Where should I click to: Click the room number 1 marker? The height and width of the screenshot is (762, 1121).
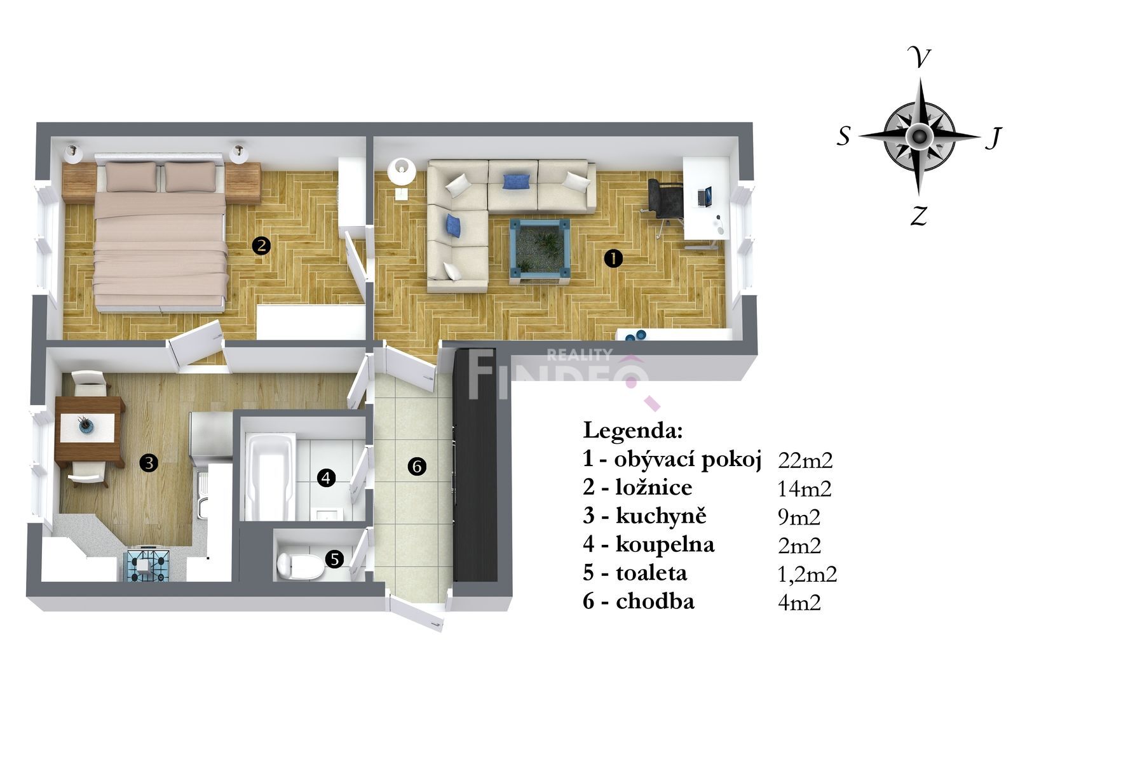coord(613,258)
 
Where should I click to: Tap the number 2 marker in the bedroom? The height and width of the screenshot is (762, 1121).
coord(261,246)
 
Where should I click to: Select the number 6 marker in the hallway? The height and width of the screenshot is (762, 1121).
coord(417,467)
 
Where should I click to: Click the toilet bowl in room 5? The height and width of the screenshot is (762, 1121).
coord(300,565)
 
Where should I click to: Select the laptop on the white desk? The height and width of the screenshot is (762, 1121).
coord(705,197)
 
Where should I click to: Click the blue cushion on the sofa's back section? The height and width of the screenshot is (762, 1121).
coord(516,182)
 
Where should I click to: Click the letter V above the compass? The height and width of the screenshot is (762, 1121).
coord(919,58)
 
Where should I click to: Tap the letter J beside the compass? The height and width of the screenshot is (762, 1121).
coord(993,137)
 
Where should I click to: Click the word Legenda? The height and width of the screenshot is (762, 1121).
coord(633,431)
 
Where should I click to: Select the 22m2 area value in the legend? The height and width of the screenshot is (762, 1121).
coord(805,460)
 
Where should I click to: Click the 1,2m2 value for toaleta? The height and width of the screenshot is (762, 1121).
coord(807,574)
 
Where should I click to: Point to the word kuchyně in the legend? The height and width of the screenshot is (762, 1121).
coord(661,516)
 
